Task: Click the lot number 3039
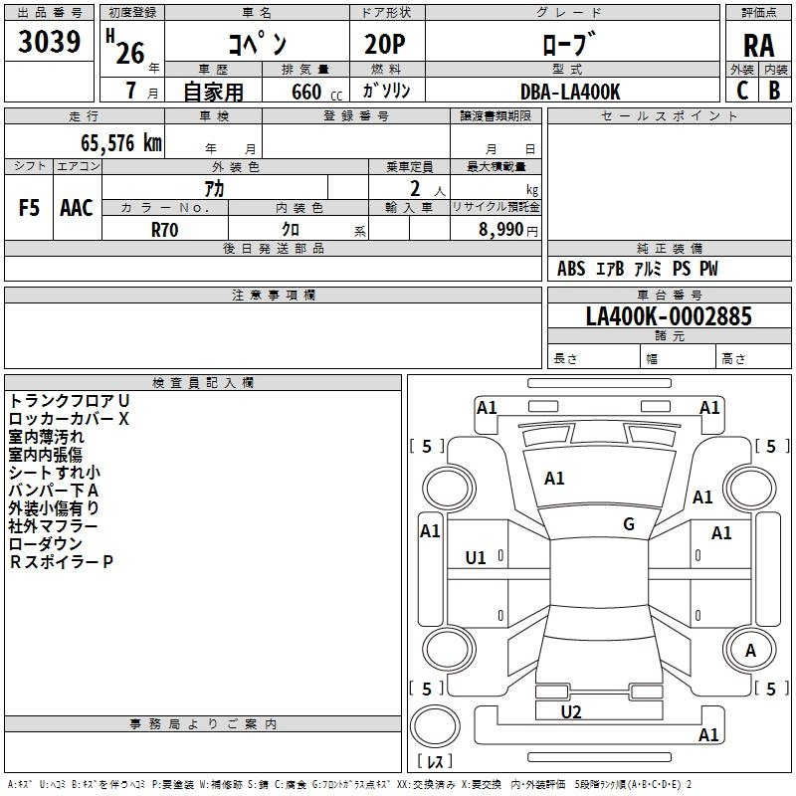pos(49,42)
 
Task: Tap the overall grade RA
pos(758,46)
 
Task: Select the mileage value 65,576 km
pos(121,143)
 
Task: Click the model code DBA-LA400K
pos(570,92)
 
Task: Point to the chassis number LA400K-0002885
pos(669,315)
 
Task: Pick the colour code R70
pos(164,230)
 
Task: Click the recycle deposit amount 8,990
pos(500,229)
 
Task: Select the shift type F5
pos(29,208)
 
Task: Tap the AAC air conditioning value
pos(77,208)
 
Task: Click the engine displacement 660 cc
pos(316,93)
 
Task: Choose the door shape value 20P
pos(385,45)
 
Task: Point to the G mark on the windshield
pos(629,524)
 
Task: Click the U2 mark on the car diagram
pos(571,712)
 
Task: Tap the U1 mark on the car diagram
pos(476,558)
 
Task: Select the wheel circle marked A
pos(750,651)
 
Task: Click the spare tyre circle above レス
pos(435,726)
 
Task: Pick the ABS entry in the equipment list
pos(571,269)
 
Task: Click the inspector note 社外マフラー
pos(53,526)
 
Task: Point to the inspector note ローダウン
pos(46,544)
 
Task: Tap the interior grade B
pos(774,91)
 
